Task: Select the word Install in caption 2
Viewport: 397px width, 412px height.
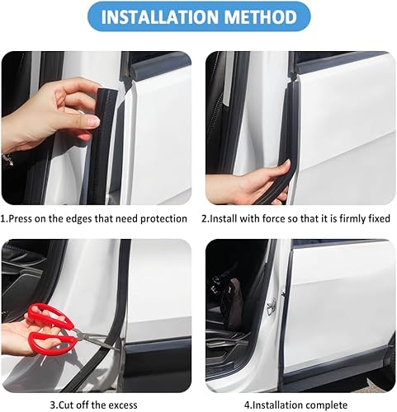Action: pyautogui.click(x=228, y=220)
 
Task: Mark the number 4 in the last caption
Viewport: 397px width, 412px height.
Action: pyautogui.click(x=248, y=405)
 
